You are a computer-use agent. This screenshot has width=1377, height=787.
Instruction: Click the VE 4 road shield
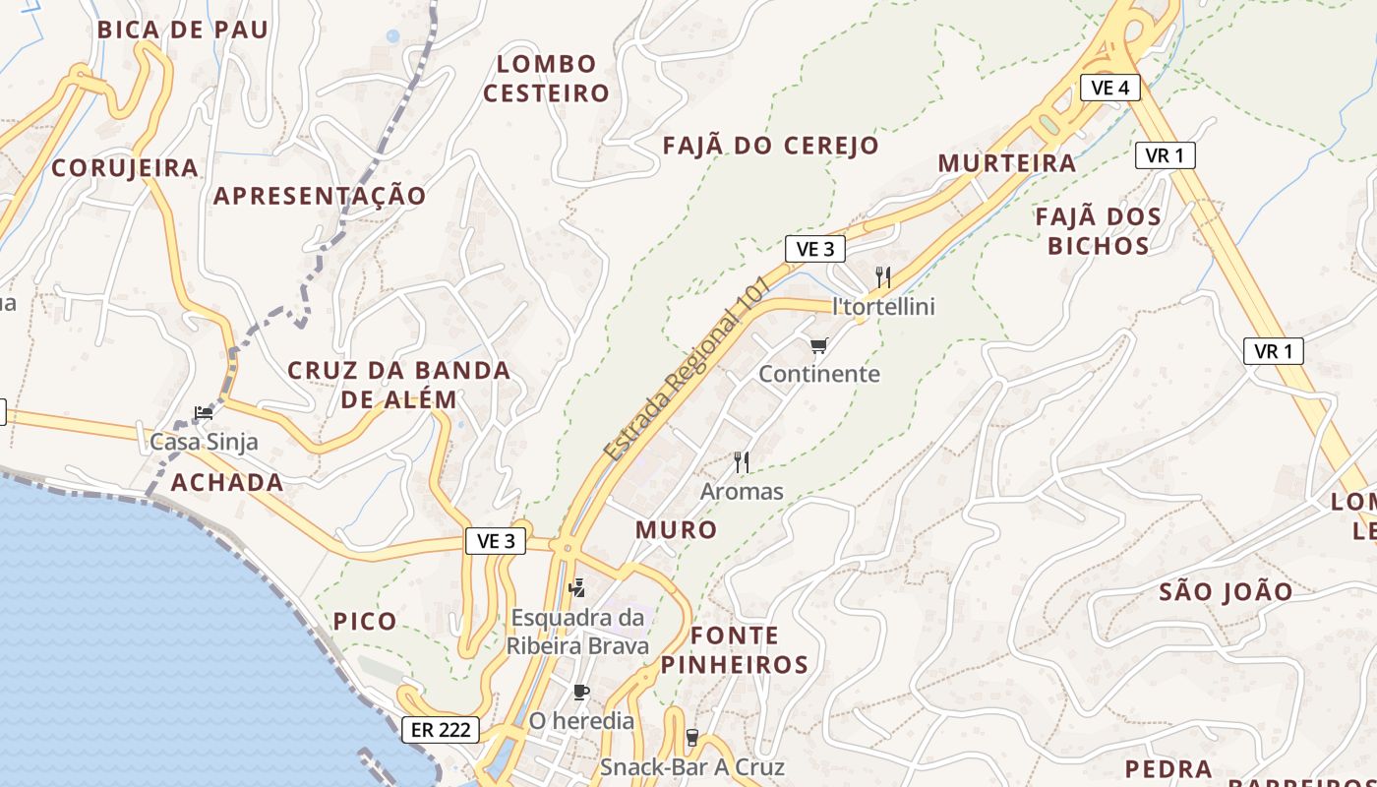click(x=1109, y=87)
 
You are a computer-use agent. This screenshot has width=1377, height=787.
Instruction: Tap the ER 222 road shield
click(x=441, y=730)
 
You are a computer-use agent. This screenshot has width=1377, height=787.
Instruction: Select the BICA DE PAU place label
click(x=182, y=30)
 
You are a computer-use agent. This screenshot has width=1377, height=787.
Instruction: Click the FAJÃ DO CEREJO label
click(x=770, y=146)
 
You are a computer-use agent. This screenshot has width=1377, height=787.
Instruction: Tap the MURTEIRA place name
click(x=1007, y=163)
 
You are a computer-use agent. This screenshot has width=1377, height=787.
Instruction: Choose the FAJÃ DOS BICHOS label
click(x=1098, y=231)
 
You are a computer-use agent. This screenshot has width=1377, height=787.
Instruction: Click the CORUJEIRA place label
click(x=125, y=168)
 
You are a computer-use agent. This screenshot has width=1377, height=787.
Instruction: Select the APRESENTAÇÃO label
click(x=320, y=196)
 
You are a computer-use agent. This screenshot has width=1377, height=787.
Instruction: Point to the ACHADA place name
click(x=227, y=482)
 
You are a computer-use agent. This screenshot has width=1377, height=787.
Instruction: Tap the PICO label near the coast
click(x=365, y=622)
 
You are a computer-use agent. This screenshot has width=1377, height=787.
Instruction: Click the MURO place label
click(x=676, y=529)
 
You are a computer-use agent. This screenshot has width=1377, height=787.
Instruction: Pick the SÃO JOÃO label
click(x=1226, y=591)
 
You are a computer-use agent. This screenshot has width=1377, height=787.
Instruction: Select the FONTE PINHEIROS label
click(x=735, y=649)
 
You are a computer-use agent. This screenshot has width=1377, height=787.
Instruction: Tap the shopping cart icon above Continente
click(x=818, y=345)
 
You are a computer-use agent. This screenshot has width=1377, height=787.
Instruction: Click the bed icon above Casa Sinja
click(x=203, y=413)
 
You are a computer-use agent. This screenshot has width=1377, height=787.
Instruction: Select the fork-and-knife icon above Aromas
click(x=742, y=461)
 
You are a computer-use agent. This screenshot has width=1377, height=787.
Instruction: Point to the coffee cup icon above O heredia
click(x=581, y=692)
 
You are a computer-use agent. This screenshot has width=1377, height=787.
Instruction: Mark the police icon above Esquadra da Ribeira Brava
click(x=577, y=588)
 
